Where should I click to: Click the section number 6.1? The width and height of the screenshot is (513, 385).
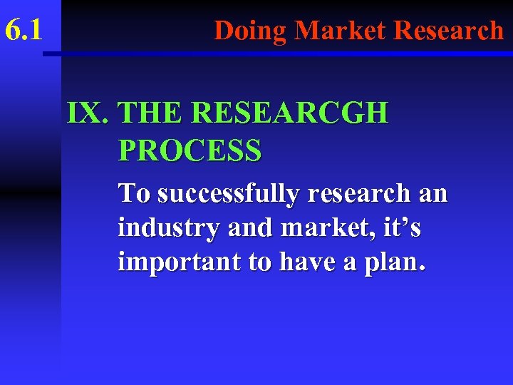click(24, 31)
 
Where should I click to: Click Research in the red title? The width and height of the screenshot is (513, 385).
click(448, 31)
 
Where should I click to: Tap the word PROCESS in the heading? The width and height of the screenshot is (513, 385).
click(190, 150)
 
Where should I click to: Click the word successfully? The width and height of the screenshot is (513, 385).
click(220, 193)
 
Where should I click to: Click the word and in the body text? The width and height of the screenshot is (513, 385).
click(226, 228)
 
